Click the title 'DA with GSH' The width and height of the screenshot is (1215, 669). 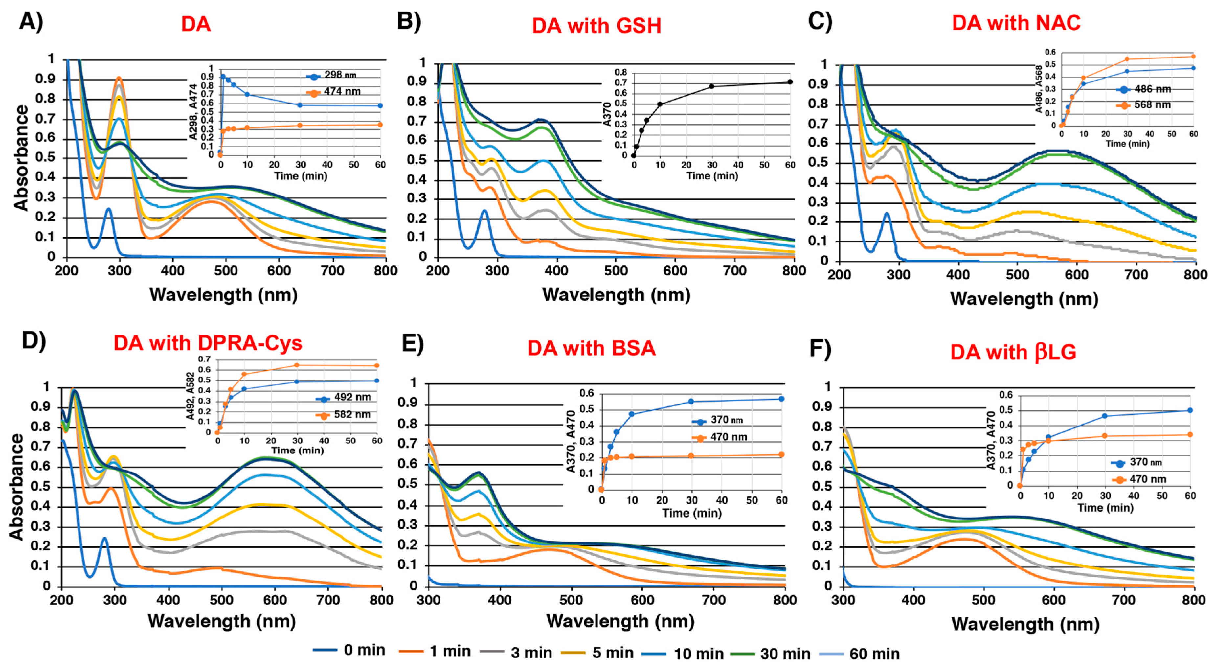tap(596, 26)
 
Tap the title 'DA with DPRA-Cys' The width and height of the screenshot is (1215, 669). tap(208, 343)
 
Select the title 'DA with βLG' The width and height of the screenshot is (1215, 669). tap(1013, 353)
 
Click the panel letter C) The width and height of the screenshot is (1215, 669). tap(820, 21)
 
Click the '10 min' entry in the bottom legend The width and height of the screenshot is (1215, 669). tap(698, 654)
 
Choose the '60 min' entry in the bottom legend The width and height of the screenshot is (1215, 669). tap(874, 654)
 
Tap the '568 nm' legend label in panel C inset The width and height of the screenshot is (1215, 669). tap(1152, 105)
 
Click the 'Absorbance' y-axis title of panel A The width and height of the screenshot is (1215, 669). tap(21, 158)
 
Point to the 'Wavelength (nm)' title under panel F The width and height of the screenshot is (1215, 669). tap(1025, 624)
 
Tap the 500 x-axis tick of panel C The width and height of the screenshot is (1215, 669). tap(1017, 275)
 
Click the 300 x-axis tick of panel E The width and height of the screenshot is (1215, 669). tap(429, 600)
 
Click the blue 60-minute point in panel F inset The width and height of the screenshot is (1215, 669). tap(1189, 410)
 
